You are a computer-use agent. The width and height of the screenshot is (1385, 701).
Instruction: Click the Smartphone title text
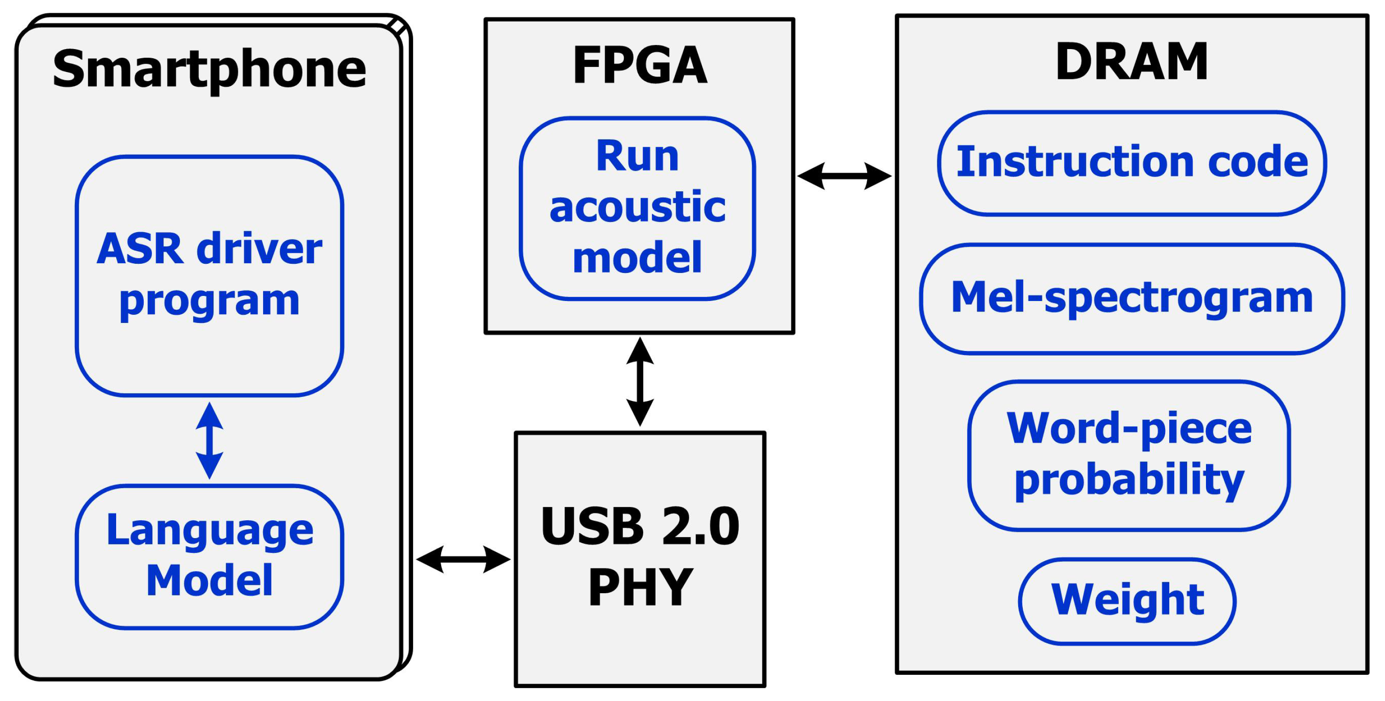[209, 69]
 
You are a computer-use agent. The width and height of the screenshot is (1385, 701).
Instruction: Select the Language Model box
[209, 556]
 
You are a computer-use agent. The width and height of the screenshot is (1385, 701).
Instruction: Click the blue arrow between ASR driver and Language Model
[209, 440]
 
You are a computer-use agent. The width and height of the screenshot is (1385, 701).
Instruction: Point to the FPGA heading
[639, 65]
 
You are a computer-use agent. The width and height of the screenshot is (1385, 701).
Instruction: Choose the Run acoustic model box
[637, 208]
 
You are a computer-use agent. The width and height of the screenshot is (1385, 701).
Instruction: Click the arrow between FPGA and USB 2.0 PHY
[640, 382]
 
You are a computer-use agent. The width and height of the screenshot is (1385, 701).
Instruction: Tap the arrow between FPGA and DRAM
[844, 176]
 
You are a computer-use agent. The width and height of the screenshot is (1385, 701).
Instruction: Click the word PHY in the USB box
[640, 587]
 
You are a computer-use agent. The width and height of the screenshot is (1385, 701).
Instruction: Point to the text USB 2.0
[640, 526]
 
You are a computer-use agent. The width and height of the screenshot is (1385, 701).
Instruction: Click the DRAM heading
[1132, 62]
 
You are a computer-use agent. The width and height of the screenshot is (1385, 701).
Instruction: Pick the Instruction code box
[1132, 163]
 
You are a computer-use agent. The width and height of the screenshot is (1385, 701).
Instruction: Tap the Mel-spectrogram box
[1132, 299]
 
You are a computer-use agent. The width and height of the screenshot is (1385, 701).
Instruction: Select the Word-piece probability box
[1129, 455]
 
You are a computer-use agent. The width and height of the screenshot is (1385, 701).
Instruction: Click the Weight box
[1127, 601]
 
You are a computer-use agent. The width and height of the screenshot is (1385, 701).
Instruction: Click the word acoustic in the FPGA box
[637, 208]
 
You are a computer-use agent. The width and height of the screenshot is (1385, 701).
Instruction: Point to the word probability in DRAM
[1129, 480]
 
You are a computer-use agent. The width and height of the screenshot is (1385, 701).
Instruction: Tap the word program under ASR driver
[209, 301]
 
